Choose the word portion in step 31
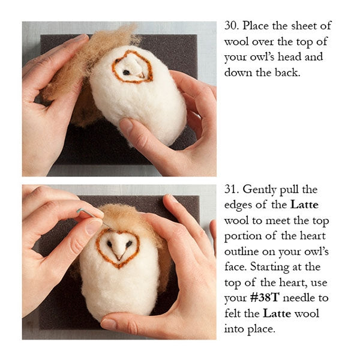pos(243,236)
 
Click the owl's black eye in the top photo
pos(126,72)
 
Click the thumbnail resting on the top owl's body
pos(127,126)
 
